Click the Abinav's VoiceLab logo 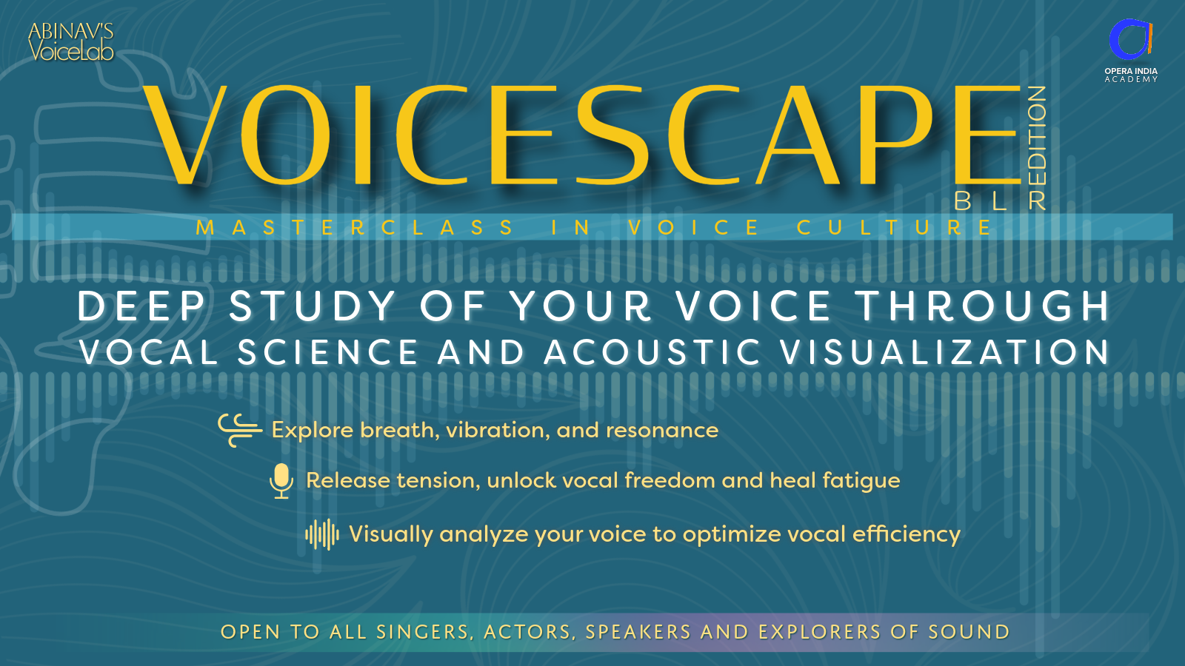coord(71,41)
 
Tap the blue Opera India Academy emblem coord(1130,40)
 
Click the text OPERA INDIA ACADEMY coord(1131,75)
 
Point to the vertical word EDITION coord(1037,147)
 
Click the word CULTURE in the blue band coord(895,227)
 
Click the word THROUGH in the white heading coord(982,306)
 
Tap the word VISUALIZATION coord(945,352)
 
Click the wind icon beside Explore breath coord(240,430)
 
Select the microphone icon coord(281,481)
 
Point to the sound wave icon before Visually coord(322,534)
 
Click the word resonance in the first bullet coord(662,431)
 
